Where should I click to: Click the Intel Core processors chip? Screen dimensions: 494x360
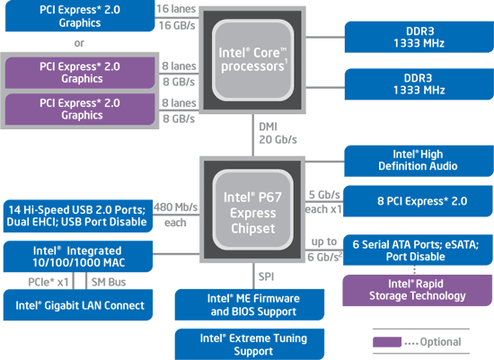coord(252,60)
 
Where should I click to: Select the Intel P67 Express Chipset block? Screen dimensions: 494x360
coord(252,209)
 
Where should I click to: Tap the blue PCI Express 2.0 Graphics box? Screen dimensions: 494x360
coord(80,16)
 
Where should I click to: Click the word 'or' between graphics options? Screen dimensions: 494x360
coord(79,43)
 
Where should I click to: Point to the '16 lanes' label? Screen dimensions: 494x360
coord(176,9)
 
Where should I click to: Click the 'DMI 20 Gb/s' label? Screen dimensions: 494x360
coord(278,133)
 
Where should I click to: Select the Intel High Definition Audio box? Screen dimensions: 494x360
coord(419,161)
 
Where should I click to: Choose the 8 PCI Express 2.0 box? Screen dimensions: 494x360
coord(418,201)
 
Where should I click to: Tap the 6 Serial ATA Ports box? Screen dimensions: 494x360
coord(418,250)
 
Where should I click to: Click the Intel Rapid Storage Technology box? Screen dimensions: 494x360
coord(417,290)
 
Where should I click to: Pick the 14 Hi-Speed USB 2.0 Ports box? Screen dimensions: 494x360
coord(78,215)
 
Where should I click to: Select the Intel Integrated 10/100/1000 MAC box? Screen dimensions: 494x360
coord(78,257)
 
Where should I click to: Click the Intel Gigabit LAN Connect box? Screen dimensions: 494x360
coord(78,305)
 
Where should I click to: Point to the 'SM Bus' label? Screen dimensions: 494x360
coord(109,282)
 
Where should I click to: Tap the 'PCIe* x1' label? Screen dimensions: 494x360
coord(49,282)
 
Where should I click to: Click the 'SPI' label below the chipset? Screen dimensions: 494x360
coord(266,277)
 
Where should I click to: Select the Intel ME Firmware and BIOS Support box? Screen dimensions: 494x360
coord(250,305)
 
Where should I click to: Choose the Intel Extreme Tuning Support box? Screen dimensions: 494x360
coord(250,344)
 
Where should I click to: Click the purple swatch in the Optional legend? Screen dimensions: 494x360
coord(387,342)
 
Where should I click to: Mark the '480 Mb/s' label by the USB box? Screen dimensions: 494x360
coord(175,207)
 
